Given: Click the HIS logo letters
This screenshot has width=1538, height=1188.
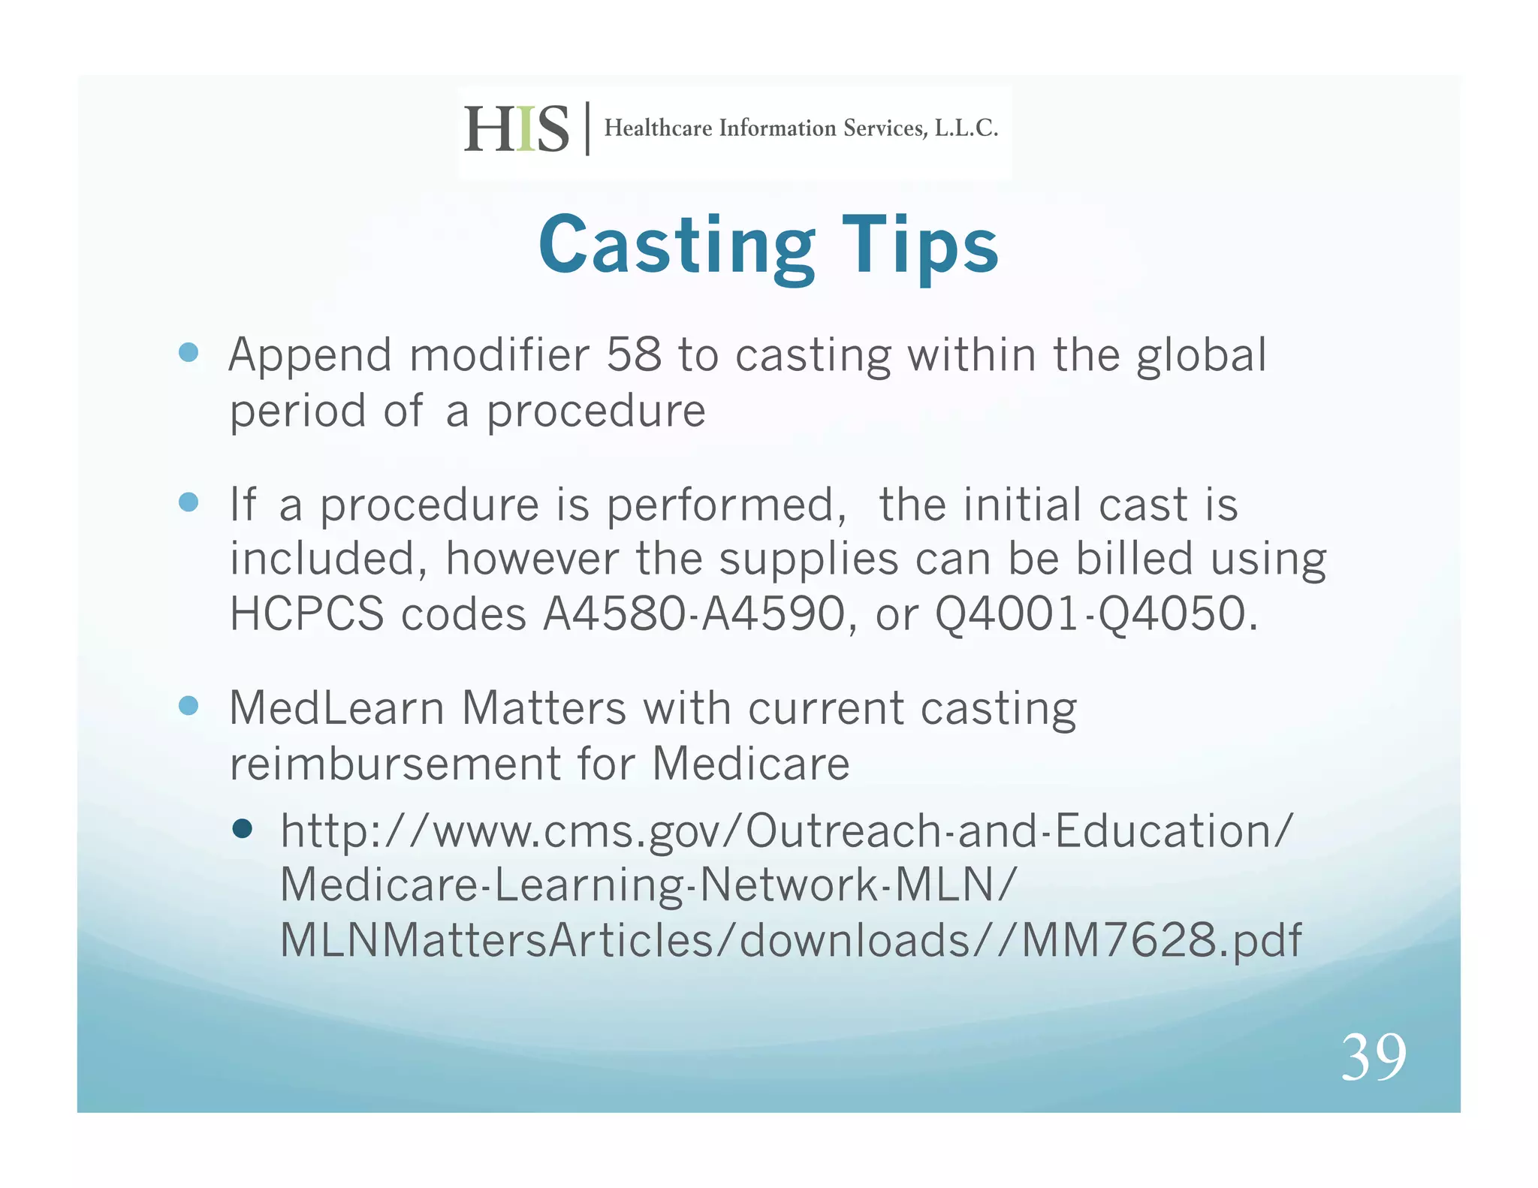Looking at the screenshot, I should coord(517,129).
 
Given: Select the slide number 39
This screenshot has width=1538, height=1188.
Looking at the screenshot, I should coord(1374,1057).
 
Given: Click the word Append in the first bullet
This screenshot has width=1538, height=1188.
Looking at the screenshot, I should coord(310,356).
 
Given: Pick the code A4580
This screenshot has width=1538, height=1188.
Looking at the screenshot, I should coord(614,614).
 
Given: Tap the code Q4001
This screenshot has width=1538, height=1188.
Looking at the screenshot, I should coord(1007,614).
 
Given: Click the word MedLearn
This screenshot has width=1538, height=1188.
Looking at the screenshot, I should coord(336,708).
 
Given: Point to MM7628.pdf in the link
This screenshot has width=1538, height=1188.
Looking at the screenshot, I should coord(1161,940).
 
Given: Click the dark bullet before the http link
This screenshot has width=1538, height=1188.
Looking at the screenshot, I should coord(242,828).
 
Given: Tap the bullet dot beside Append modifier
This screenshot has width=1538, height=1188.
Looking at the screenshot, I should coord(188,352).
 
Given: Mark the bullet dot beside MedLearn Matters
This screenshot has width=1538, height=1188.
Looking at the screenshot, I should coord(188,706).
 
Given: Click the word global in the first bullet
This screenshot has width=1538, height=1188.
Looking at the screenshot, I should coord(1201,356).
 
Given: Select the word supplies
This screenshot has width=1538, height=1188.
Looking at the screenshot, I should coord(809,559).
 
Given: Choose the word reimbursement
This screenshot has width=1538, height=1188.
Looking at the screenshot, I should coord(395,764).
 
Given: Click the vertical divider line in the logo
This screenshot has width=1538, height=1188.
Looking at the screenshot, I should coord(587,128).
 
